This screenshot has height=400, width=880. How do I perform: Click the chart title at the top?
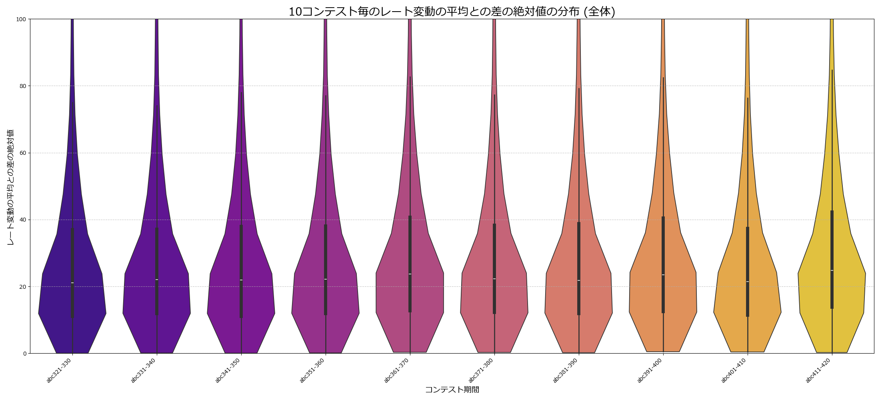pos(452,12)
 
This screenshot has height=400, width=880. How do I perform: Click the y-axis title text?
pos(10,187)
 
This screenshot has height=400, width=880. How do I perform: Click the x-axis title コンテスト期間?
pos(452,390)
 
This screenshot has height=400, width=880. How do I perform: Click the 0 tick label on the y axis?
pos(24,354)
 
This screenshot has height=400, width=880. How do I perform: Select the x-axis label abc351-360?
pos(312,371)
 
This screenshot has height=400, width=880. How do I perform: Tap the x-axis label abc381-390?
pos(566,371)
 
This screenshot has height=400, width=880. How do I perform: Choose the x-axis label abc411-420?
pos(819,371)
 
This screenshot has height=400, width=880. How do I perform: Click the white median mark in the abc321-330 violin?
pos(72,283)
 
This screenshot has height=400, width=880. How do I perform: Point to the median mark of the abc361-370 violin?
pos(410,274)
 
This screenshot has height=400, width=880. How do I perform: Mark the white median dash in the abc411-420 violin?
pos(832,270)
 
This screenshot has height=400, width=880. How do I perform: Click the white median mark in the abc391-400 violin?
pos(663,275)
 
